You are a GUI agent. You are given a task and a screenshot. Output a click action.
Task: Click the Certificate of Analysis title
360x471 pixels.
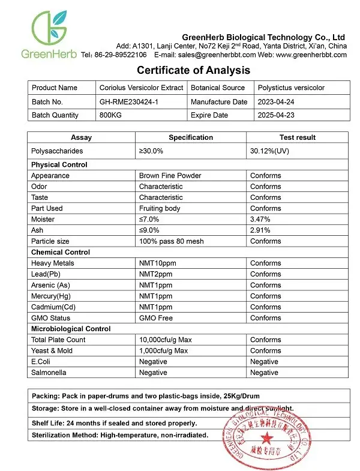point(194,70)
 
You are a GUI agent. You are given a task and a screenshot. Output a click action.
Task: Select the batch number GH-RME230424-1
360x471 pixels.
point(129,102)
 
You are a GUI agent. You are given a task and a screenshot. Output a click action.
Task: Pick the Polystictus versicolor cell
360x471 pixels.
point(291,88)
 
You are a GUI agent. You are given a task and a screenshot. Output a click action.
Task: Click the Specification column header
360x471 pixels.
point(191,137)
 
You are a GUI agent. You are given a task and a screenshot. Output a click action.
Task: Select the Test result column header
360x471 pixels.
point(297,137)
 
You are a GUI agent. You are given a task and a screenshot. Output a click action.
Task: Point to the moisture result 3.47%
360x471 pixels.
point(260,220)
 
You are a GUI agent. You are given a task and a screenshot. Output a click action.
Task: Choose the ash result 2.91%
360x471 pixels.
point(260,230)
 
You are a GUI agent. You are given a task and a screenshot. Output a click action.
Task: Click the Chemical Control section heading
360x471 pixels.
point(61,252)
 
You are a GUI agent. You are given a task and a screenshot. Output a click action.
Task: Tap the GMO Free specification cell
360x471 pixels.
point(156,318)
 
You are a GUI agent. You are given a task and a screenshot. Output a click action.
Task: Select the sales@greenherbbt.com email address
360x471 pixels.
point(202,55)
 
